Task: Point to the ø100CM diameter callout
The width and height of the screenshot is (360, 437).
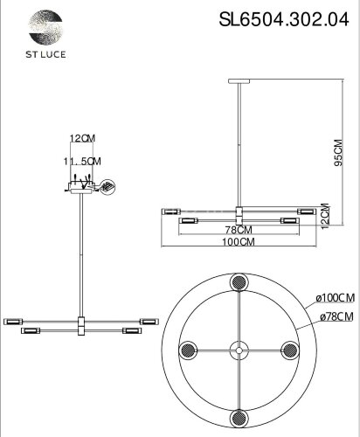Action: pyautogui.click(x=335, y=300)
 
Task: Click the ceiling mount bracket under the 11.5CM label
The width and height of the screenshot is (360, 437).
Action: pyautogui.click(x=82, y=188)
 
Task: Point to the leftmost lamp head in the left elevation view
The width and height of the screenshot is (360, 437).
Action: pyautogui.click(x=11, y=322)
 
